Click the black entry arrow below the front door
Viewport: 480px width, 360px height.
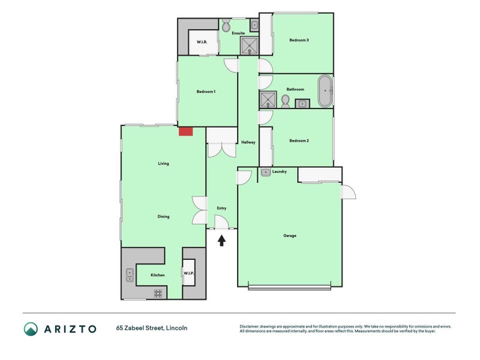pos(221,241)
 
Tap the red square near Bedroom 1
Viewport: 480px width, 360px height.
pos(185,131)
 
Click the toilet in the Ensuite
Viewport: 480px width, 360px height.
pos(226,26)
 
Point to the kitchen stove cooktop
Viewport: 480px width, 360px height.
pos(158,293)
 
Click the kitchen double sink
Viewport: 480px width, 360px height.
pos(130,275)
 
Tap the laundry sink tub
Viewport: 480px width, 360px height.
pos(266,173)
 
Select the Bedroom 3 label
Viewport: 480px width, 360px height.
pos(299,40)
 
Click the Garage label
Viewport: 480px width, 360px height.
pos(290,235)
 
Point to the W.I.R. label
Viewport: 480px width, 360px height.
pos(202,42)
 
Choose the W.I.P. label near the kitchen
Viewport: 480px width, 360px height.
pos(188,274)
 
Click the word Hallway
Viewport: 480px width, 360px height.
pos(248,142)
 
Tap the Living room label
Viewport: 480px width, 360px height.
pos(163,163)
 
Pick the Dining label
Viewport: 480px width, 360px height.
pos(163,217)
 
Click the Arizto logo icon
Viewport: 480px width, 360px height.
pos(31,328)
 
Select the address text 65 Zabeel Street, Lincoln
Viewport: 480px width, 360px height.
pos(152,328)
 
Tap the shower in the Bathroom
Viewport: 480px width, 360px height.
pos(268,99)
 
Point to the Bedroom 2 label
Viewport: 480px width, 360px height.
pos(299,141)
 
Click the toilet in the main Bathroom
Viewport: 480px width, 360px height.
pos(285,104)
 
